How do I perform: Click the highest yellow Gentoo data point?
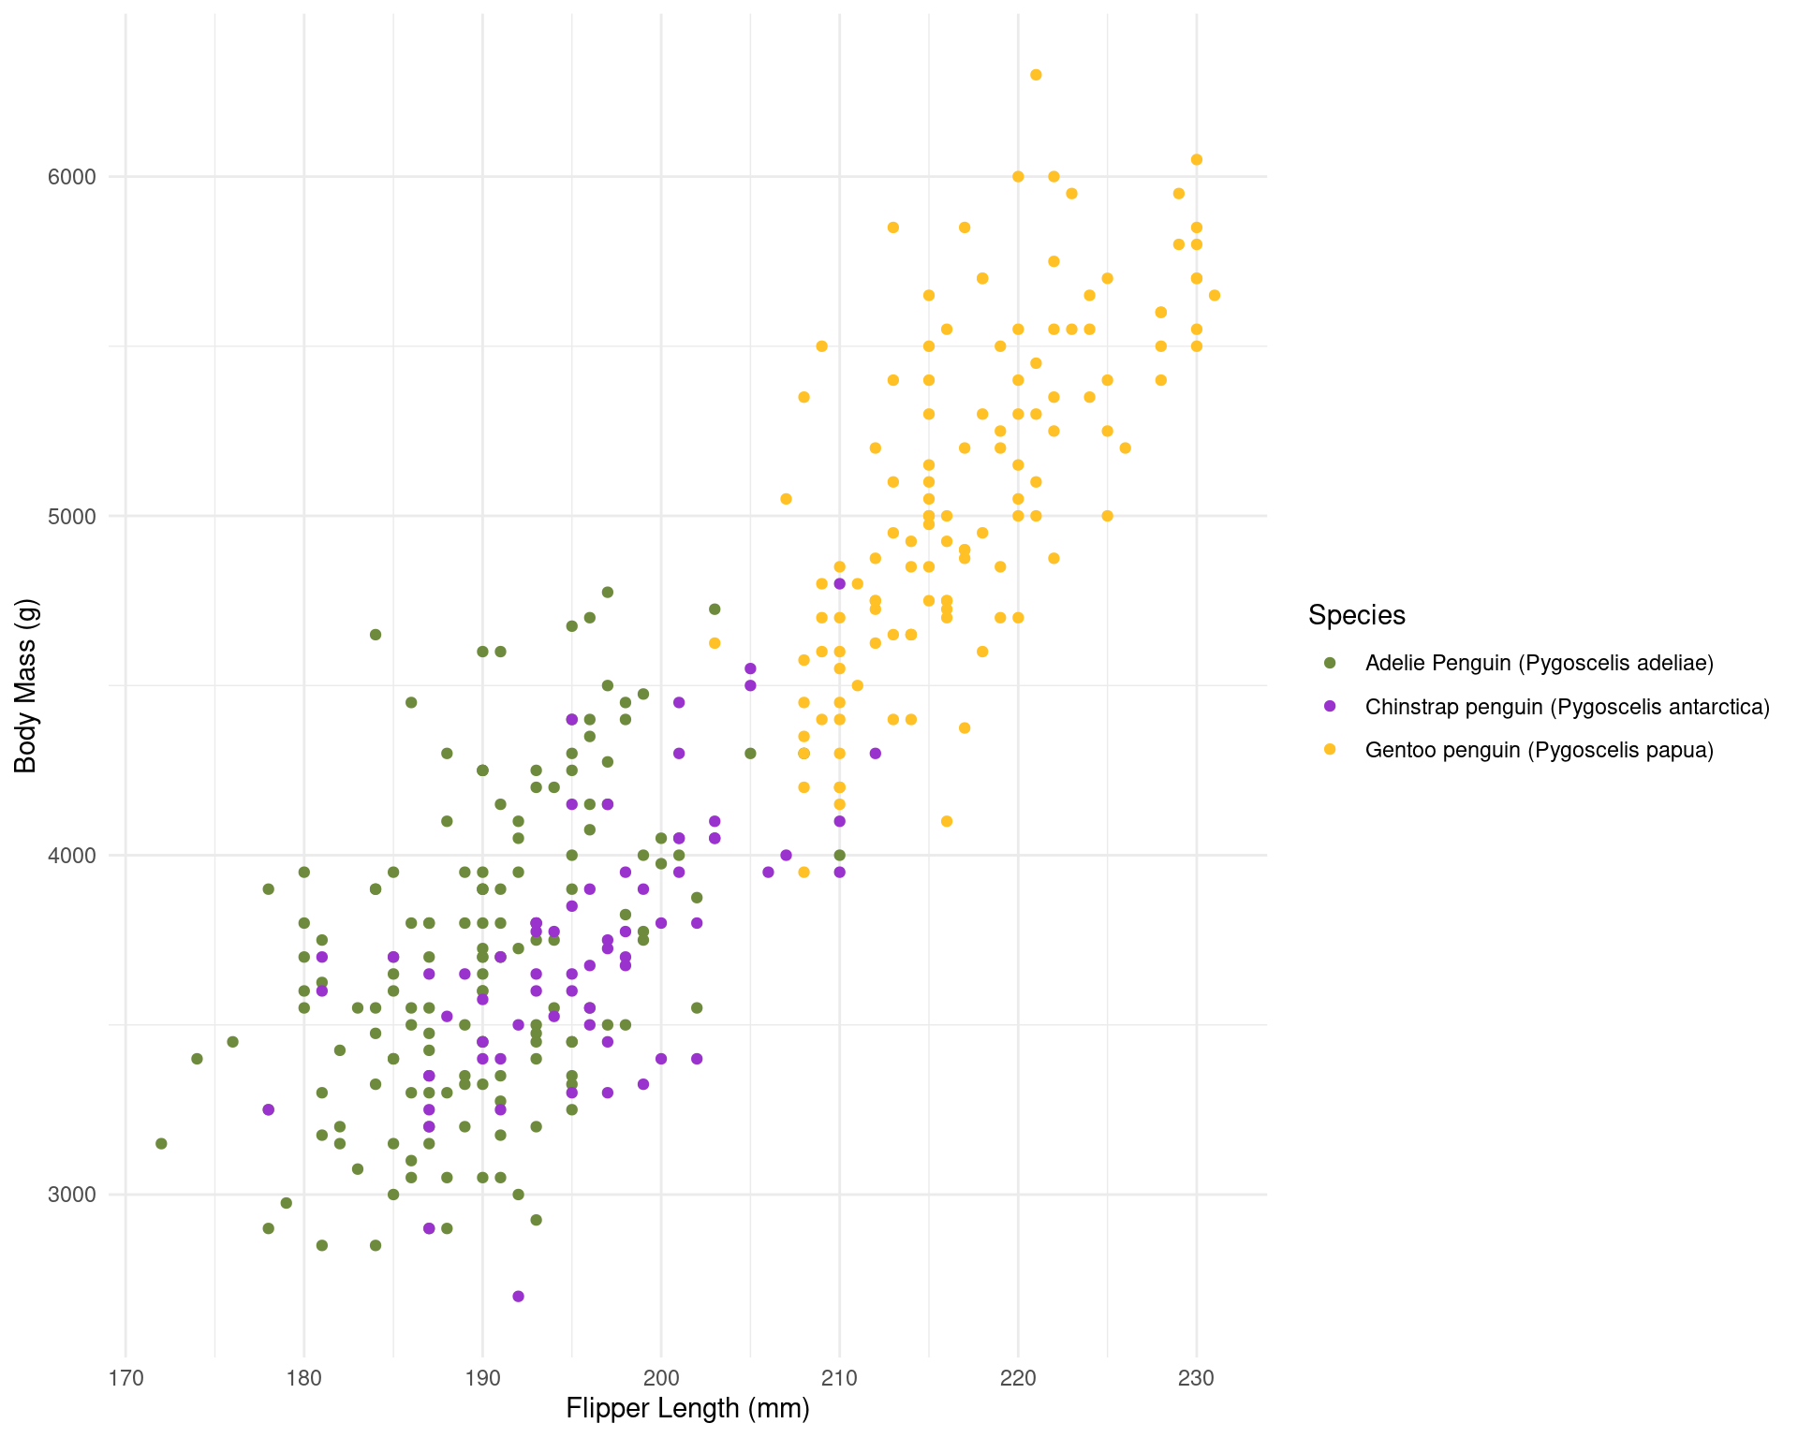pyautogui.click(x=1036, y=75)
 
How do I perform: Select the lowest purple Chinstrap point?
pyautogui.click(x=518, y=1296)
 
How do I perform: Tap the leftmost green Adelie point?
pyautogui.click(x=161, y=1143)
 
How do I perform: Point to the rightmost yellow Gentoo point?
pyautogui.click(x=1215, y=296)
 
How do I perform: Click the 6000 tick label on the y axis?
pyautogui.click(x=72, y=177)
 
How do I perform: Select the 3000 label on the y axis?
pyautogui.click(x=72, y=1195)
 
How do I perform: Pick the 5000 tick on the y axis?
pyautogui.click(x=72, y=516)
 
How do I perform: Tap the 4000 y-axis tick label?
pyautogui.click(x=72, y=856)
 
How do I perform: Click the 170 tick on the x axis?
pyautogui.click(x=125, y=1377)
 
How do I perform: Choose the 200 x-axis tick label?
pyautogui.click(x=661, y=1377)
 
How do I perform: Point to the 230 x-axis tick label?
pyautogui.click(x=1196, y=1377)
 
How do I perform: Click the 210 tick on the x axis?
pyautogui.click(x=839, y=1377)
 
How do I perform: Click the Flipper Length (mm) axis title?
pyautogui.click(x=687, y=1408)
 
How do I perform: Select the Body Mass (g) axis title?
pyautogui.click(x=25, y=685)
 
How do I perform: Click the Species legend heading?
pyautogui.click(x=1356, y=615)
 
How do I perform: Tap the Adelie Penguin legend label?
pyautogui.click(x=1539, y=663)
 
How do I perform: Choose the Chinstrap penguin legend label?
pyautogui.click(x=1567, y=707)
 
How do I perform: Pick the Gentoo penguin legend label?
pyautogui.click(x=1539, y=750)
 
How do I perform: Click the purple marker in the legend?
pyautogui.click(x=1330, y=706)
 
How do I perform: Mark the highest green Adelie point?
pyautogui.click(x=607, y=592)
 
